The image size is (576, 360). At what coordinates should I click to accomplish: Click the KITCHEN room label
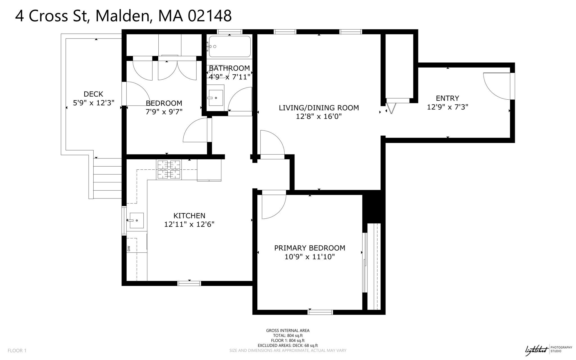click(x=189, y=216)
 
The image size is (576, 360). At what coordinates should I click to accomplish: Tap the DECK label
click(x=93, y=94)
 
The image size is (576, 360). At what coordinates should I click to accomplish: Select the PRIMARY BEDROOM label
click(x=310, y=248)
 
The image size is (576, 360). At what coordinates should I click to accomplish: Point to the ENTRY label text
click(x=447, y=98)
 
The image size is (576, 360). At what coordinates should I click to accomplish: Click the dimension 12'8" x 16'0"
click(x=319, y=117)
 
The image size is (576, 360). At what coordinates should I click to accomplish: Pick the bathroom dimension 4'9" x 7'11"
click(x=229, y=77)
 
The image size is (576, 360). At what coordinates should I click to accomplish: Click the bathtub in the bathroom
click(x=230, y=46)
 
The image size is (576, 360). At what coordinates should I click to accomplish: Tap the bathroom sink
click(x=216, y=98)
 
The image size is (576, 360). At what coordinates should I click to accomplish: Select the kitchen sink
click(x=136, y=220)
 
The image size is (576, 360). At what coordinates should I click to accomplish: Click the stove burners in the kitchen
click(x=169, y=169)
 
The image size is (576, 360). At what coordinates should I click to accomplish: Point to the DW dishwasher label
click(x=129, y=249)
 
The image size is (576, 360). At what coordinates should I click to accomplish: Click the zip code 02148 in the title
click(x=210, y=16)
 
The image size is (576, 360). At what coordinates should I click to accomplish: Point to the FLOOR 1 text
click(x=17, y=350)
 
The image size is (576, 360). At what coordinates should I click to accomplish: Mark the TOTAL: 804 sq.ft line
click(x=288, y=336)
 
